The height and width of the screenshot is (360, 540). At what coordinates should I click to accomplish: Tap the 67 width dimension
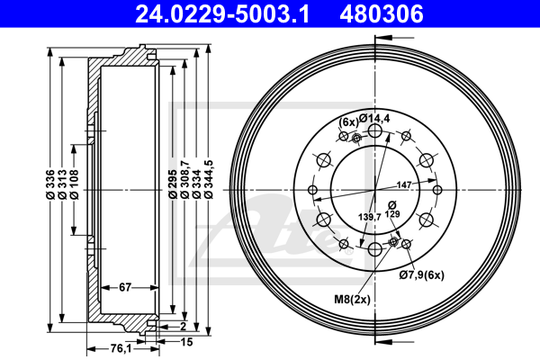(x=125, y=287)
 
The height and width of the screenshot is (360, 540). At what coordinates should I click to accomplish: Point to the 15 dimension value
(x=187, y=342)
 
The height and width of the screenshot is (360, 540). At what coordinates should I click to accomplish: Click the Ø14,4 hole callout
(x=373, y=118)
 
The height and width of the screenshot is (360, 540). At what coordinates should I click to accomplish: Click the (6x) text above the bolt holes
(x=348, y=121)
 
